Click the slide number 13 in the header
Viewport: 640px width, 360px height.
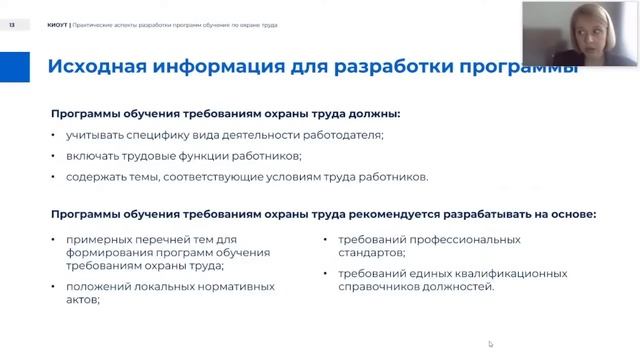(13, 24)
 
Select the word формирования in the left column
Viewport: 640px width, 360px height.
(108, 253)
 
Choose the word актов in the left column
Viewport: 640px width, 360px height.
(84, 301)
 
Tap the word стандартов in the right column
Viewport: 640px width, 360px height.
(370, 253)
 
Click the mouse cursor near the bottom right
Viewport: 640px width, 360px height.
(490, 344)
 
